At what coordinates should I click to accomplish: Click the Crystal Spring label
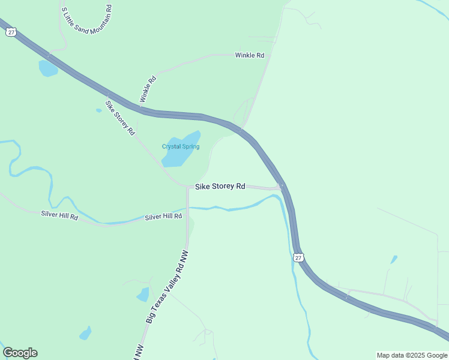[180, 146]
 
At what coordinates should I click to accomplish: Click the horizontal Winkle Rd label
[249, 55]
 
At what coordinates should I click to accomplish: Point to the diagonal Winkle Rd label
[148, 88]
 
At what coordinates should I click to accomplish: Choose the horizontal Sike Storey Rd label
[220, 187]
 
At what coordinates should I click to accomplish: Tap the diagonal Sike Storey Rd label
[120, 117]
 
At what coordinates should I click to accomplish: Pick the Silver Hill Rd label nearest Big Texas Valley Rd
[163, 216]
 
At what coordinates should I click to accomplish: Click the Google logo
[20, 353]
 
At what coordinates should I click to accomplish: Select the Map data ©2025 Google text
[412, 355]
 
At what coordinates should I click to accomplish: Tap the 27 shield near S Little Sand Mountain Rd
[10, 32]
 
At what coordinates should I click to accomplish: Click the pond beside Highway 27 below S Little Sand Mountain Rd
[47, 68]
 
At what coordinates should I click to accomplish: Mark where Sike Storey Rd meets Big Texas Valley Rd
[188, 187]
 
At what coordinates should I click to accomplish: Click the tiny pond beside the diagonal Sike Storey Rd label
[98, 110]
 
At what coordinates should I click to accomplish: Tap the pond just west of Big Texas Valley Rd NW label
[143, 295]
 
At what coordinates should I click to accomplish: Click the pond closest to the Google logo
[85, 333]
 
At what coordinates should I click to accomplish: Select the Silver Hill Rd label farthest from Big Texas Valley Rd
[60, 214]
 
